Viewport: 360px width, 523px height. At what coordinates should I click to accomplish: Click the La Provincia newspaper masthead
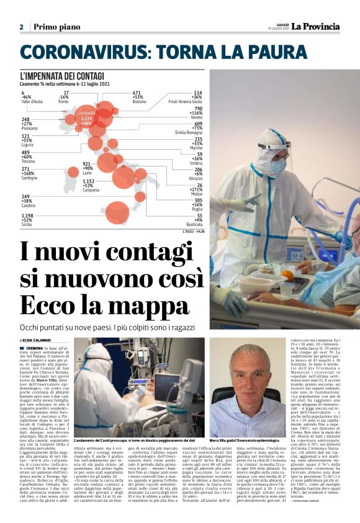[317, 26]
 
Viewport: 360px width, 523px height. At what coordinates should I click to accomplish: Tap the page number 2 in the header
[21, 27]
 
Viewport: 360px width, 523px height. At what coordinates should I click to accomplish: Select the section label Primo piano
[58, 27]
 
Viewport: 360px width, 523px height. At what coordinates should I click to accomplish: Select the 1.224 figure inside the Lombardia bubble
[86, 118]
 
